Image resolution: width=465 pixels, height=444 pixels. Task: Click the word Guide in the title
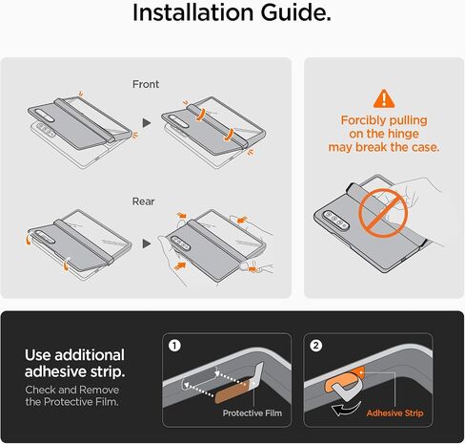(x=295, y=12)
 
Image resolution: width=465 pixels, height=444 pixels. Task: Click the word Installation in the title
(x=192, y=12)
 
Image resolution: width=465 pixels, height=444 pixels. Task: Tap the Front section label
(x=146, y=84)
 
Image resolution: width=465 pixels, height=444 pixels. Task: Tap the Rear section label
(x=143, y=201)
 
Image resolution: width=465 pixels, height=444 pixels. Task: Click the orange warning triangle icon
(x=384, y=98)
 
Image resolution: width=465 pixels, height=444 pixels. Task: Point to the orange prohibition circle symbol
(x=383, y=213)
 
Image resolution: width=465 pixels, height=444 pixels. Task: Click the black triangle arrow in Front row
(x=147, y=123)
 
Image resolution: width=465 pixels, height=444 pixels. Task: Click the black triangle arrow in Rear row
(x=147, y=243)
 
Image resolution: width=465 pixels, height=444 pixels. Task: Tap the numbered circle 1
(x=174, y=346)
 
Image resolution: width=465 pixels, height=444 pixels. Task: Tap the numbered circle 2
(x=315, y=346)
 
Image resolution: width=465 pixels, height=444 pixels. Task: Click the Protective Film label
(x=253, y=413)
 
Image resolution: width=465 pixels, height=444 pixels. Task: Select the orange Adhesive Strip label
(x=394, y=413)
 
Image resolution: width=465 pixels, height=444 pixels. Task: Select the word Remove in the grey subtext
(x=99, y=390)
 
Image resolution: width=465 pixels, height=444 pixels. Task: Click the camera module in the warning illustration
(x=335, y=220)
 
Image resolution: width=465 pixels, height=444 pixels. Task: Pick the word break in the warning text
(x=372, y=147)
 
